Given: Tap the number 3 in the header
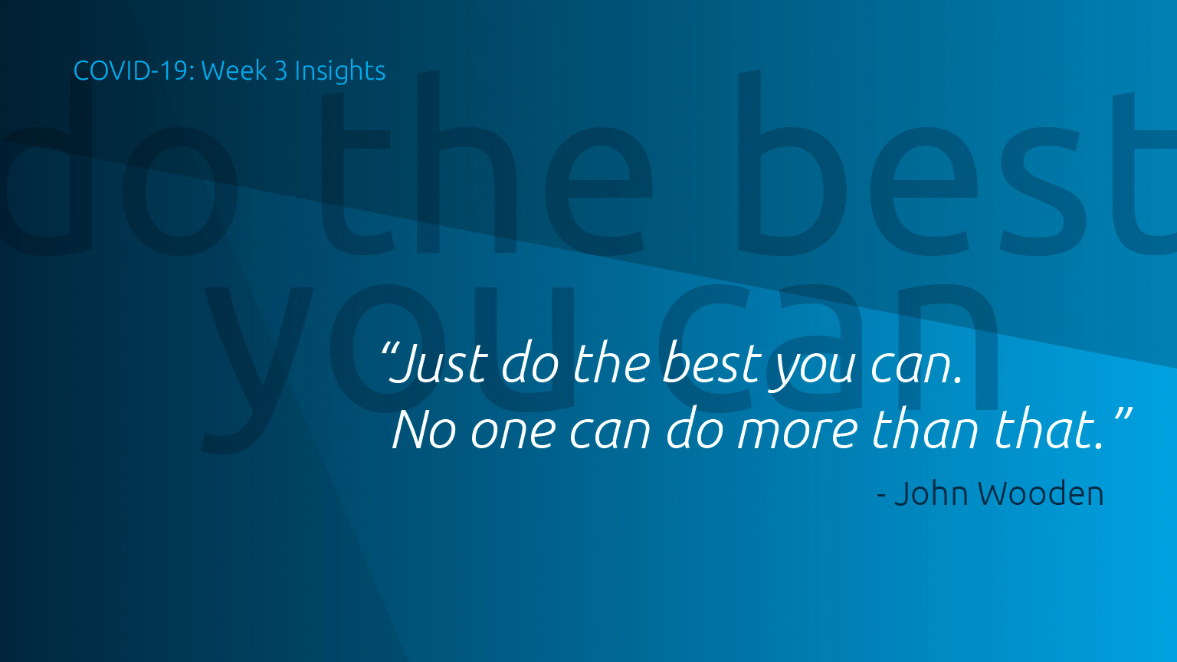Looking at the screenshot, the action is [x=281, y=71].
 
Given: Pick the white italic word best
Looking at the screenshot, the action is [x=711, y=362].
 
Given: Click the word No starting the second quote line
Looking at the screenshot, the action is [x=424, y=431].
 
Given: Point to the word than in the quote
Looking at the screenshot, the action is [x=924, y=429].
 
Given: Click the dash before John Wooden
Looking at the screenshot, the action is [x=882, y=496].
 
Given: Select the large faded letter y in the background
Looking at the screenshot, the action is [x=257, y=368].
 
